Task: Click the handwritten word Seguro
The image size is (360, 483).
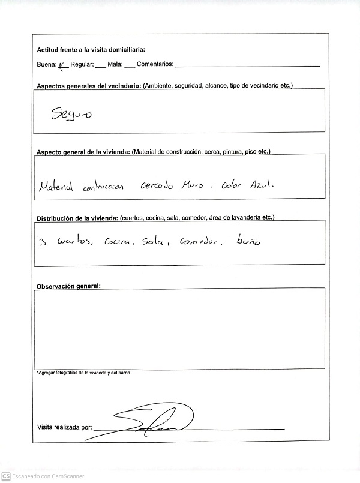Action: pos(71,114)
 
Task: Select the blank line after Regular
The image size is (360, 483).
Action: pos(100,65)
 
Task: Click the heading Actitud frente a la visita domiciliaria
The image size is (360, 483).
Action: pos(91,50)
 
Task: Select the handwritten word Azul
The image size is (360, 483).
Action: pos(262,186)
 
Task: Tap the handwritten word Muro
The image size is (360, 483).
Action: pos(192,186)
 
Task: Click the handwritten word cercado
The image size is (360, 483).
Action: pos(156,186)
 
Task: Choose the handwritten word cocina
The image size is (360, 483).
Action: pos(118,242)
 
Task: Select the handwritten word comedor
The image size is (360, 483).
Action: pos(197,242)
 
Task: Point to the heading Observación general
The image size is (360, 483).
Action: pos(69,286)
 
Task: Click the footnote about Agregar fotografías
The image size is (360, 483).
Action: pos(83,373)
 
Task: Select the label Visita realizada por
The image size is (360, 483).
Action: pos(64,428)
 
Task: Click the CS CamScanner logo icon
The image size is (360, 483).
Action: pos(5,476)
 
